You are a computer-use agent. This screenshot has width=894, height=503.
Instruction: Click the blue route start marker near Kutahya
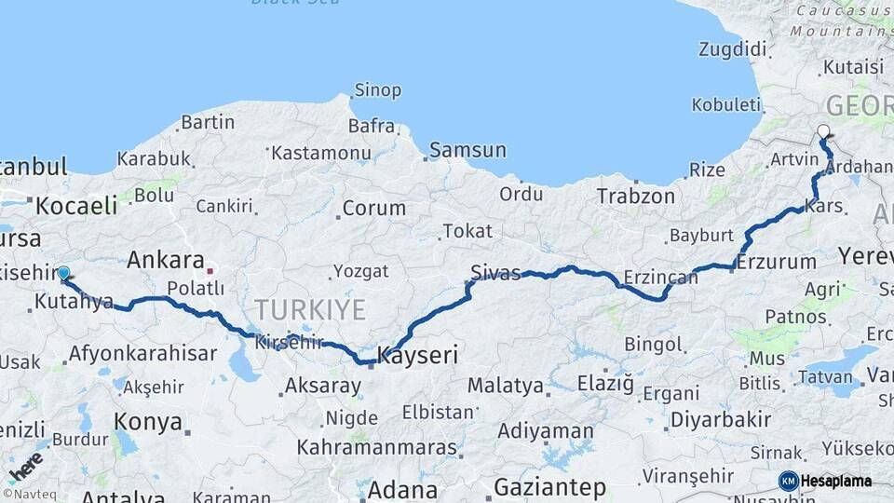[63, 273]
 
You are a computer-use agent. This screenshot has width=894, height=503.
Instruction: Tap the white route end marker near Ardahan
[823, 132]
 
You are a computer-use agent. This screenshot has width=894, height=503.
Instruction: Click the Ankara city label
[166, 260]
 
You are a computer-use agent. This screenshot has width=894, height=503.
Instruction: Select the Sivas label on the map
[495, 272]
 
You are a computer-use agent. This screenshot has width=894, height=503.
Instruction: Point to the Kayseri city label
[418, 355]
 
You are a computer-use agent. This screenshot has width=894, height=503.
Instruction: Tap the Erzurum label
[776, 263]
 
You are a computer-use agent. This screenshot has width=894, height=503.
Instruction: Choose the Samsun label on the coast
[468, 150]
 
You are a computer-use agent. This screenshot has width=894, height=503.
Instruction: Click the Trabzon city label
[636, 197]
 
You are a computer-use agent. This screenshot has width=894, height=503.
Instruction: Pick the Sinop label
[377, 90]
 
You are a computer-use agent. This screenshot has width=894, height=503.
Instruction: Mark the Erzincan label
[660, 278]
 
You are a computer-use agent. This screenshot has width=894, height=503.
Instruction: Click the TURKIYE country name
[310, 309]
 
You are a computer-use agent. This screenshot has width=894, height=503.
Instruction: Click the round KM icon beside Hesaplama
[788, 481]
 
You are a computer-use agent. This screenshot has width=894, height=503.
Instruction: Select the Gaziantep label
[549, 487]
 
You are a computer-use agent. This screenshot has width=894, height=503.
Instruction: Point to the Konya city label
[147, 422]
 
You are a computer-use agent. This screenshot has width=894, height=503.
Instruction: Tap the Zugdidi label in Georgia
[733, 48]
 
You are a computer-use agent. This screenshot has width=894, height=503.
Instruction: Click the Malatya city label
[506, 385]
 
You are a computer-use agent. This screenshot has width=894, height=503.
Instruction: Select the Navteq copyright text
[29, 495]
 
